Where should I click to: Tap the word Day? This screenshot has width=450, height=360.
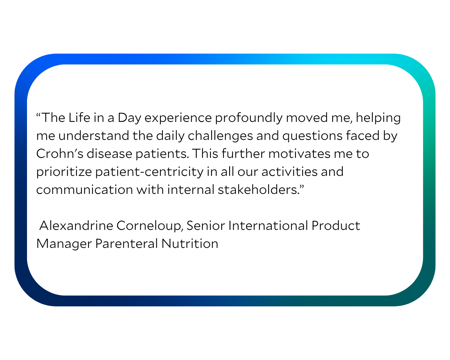[130, 118]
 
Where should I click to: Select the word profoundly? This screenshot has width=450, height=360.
[249, 118]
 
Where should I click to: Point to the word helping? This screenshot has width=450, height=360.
[378, 118]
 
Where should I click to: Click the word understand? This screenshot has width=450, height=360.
[93, 135]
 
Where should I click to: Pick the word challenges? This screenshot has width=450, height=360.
[220, 136]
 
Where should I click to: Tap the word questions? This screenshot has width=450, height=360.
[312, 136]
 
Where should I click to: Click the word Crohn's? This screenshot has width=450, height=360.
[60, 154]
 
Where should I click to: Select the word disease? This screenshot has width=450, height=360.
[109, 154]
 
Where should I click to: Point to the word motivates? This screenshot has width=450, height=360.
[300, 154]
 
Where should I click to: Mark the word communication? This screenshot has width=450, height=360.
[85, 190]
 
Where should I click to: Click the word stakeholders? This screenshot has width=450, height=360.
[258, 190]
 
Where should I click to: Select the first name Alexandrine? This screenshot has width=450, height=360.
[76, 226]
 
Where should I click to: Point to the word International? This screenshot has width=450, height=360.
[268, 226]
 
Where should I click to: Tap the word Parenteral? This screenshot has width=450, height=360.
[126, 244]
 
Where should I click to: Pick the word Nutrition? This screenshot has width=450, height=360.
[190, 244]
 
